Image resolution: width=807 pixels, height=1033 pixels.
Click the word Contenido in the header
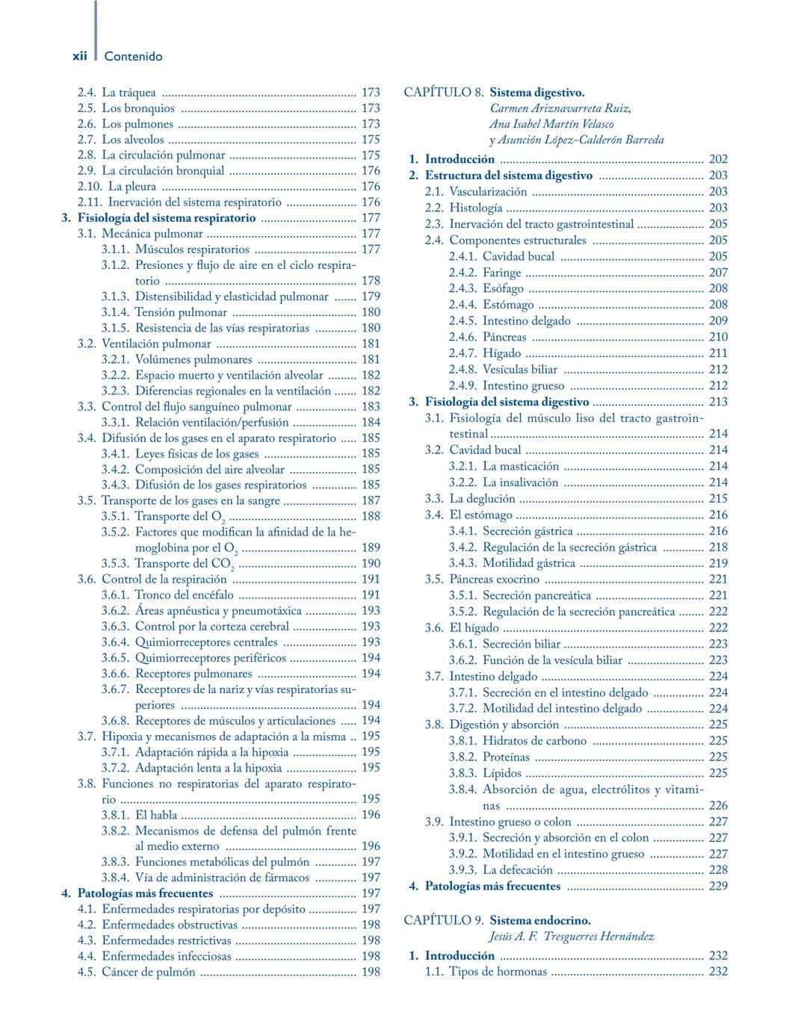point(133,57)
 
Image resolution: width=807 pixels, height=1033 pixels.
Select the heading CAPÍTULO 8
point(443,93)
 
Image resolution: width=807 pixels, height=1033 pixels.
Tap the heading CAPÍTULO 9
point(443,920)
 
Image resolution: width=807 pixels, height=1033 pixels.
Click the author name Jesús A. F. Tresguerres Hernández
point(572,937)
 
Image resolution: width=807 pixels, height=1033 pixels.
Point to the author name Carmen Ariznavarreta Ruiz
point(560,108)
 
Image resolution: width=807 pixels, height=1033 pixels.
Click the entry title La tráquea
point(129,93)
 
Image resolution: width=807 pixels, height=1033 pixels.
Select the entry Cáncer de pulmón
point(148,972)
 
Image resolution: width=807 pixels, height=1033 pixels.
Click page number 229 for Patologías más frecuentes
point(717,887)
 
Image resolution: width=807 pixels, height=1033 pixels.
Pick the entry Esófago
point(503,288)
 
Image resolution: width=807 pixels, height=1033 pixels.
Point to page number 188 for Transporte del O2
point(371,516)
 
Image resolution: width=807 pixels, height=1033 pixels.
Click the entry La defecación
point(517,870)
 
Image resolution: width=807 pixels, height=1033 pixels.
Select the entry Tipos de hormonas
point(498,972)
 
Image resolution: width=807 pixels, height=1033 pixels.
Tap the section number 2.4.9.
point(463,386)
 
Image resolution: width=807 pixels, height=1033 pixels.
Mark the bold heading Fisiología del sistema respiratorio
point(166,218)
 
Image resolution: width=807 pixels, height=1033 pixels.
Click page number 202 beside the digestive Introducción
point(717,159)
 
